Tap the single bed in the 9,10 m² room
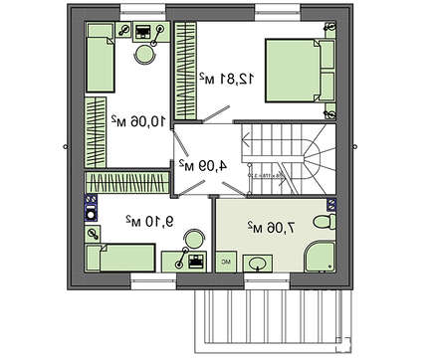coord(118,259)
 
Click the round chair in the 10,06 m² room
coord(147,57)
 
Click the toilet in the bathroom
coord(327,220)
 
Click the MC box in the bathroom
coord(225,262)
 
